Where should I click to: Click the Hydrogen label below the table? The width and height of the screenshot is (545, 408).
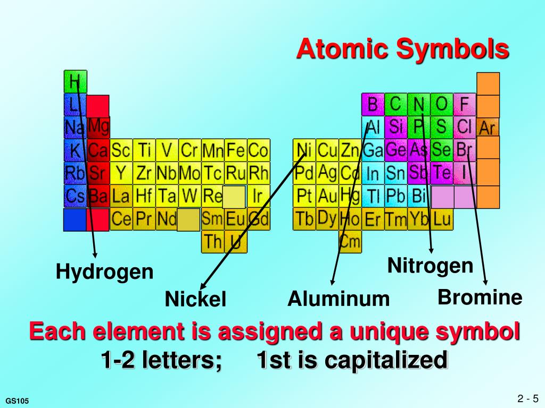tap(105, 273)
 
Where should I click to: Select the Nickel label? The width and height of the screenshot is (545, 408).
tap(195, 299)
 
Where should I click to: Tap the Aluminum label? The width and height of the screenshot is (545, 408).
tap(338, 299)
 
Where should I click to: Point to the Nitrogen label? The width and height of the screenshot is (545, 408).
tap(430, 265)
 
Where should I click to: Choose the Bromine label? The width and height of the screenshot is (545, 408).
tap(480, 297)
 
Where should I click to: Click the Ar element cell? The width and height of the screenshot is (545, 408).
tap(488, 127)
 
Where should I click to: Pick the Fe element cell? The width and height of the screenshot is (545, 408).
tap(235, 151)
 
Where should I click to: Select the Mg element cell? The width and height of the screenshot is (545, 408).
tap(98, 127)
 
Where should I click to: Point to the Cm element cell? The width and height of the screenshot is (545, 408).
tap(350, 242)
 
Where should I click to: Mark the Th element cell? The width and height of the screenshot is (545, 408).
tap(212, 242)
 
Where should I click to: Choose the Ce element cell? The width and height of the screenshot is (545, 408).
tap(121, 219)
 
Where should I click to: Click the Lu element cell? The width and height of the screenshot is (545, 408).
tap(442, 219)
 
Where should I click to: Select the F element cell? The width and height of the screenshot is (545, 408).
tap(465, 104)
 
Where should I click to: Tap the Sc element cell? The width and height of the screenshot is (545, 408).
tap(121, 151)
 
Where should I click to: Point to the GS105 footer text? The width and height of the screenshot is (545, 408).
tap(17, 400)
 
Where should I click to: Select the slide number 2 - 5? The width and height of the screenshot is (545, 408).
tap(527, 398)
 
